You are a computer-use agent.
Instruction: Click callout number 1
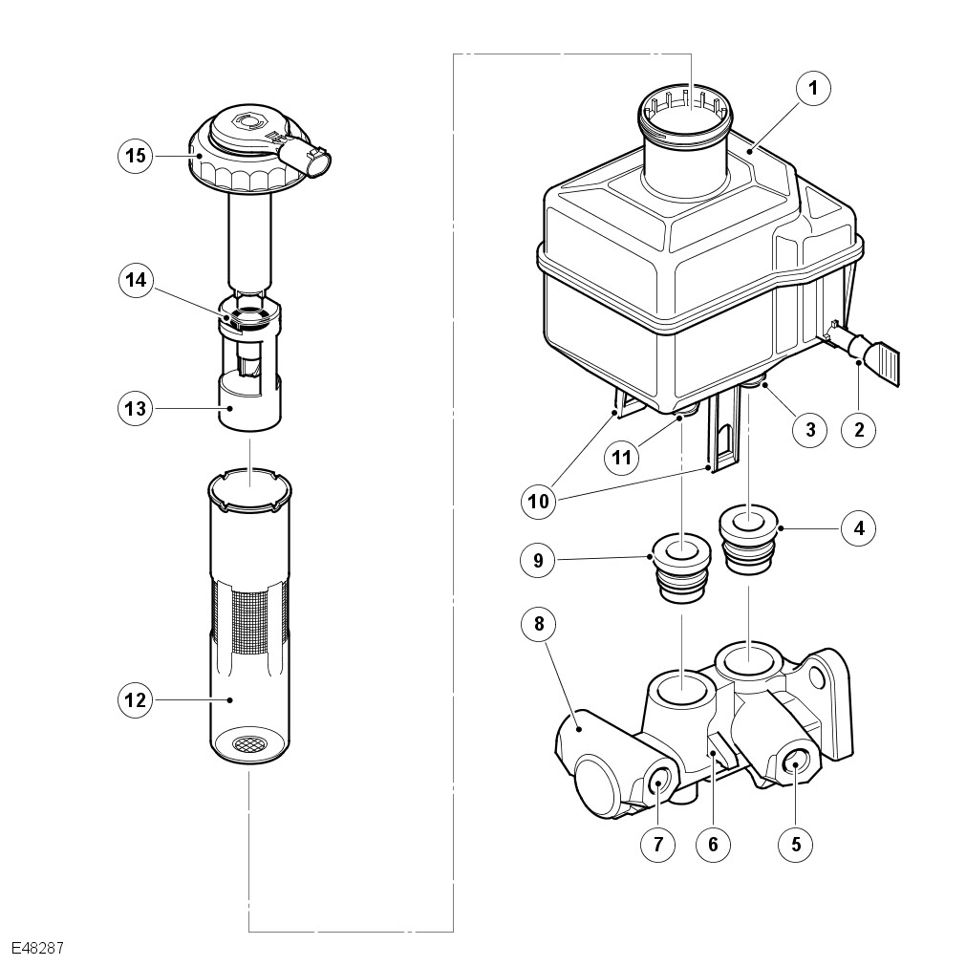tap(813, 89)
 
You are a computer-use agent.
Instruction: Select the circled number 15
tap(135, 155)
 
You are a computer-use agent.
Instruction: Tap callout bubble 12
tap(135, 699)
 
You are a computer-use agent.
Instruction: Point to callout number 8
tap(539, 624)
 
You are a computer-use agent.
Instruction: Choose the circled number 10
tap(539, 502)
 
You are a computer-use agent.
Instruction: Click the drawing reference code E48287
tap(37, 948)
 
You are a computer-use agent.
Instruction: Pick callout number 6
tap(713, 844)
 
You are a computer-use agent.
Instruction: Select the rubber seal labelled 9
tap(680, 568)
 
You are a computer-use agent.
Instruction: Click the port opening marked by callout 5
tap(795, 765)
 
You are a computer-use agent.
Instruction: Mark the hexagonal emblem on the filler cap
tap(247, 122)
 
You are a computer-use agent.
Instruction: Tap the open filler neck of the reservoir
tap(684, 110)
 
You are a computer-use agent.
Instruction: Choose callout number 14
tap(135, 280)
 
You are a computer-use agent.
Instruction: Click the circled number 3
tap(810, 429)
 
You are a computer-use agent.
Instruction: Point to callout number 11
tap(621, 457)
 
